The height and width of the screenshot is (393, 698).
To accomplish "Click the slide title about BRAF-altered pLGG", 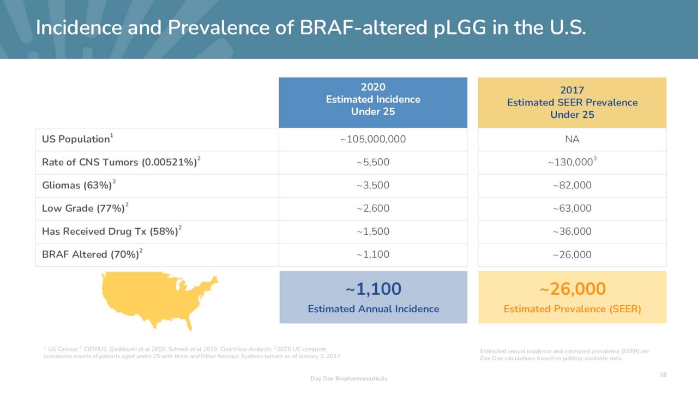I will click(x=311, y=28).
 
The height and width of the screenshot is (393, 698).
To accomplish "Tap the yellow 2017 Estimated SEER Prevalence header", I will click(x=572, y=103).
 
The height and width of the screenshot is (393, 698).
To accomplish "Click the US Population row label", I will click(x=76, y=139).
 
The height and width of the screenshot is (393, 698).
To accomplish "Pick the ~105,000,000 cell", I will click(x=373, y=139).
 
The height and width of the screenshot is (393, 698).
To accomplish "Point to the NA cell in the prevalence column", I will click(x=572, y=139).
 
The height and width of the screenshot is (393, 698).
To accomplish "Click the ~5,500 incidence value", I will click(x=373, y=162).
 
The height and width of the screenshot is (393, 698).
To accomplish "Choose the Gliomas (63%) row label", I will click(x=77, y=186).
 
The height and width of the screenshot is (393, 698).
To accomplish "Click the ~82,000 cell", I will click(x=572, y=186).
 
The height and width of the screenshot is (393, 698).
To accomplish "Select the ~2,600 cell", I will click(x=373, y=209).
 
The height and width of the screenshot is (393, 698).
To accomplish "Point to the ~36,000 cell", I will click(x=572, y=231).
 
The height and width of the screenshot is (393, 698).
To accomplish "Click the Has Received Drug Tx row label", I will click(x=111, y=231).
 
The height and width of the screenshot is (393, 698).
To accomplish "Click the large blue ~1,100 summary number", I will click(x=373, y=289).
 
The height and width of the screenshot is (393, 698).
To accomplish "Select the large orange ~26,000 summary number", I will click(x=573, y=289).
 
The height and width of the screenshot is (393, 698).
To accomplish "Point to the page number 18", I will click(x=663, y=374).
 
